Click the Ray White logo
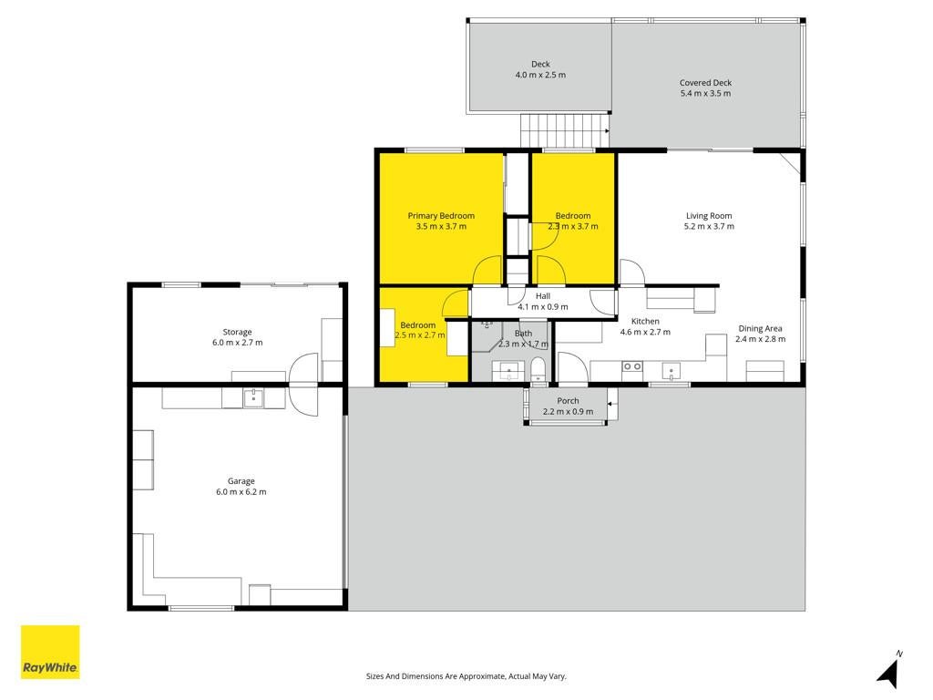coord(50,652)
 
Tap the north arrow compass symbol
coord(890,670)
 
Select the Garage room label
coord(241,481)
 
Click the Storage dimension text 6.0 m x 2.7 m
coord(238,343)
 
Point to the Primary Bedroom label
coord(441,215)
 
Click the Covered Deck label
coord(706,83)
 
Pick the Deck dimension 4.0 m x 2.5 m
coord(540,75)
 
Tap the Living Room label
coord(709,215)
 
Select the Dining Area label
coord(760,328)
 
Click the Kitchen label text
coord(645,322)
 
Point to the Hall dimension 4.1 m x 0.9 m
coord(543,307)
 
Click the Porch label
coord(568,401)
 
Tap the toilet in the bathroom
coord(538,369)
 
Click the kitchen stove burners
coord(632,366)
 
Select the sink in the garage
coord(253,398)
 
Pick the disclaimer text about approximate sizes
coord(466,676)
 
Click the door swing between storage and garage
coord(303,385)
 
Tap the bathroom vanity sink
coord(508,372)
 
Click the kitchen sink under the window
coord(672,372)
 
